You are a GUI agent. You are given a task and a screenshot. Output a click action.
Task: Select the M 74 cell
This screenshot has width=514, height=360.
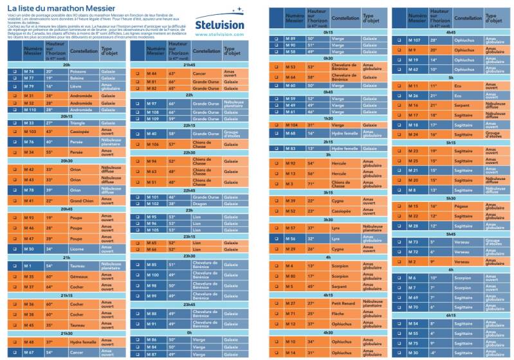(28, 71)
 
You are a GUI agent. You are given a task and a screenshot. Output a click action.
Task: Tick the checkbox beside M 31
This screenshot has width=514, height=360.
(14, 95)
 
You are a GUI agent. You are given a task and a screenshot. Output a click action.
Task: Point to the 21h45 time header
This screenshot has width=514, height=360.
(189, 65)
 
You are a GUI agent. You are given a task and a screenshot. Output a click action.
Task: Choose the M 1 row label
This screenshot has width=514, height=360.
(28, 265)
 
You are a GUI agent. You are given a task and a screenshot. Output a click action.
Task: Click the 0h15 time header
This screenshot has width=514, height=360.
(328, 31)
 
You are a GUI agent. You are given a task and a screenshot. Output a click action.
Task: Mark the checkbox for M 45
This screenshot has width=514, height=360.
(14, 325)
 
